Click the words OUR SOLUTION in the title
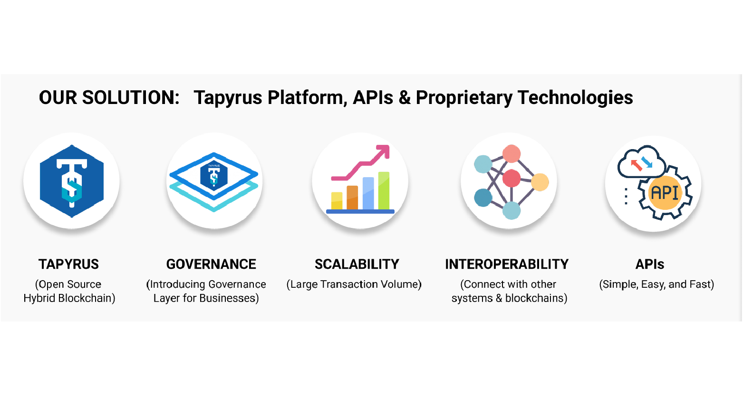[109, 97]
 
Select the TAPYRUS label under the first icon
[68, 264]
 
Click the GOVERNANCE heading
[211, 264]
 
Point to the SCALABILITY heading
[357, 264]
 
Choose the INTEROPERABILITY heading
[507, 264]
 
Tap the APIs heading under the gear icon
[650, 264]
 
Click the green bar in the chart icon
[384, 190]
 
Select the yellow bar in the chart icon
[337, 201]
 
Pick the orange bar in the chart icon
[352, 198]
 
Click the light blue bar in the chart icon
[368, 193]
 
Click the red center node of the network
[511, 178]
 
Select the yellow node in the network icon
[540, 182]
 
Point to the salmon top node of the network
[511, 154]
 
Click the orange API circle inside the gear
[665, 193]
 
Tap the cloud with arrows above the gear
[641, 162]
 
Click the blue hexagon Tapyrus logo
[72, 181]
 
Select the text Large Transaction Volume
[354, 284]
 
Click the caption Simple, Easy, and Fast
[656, 284]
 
